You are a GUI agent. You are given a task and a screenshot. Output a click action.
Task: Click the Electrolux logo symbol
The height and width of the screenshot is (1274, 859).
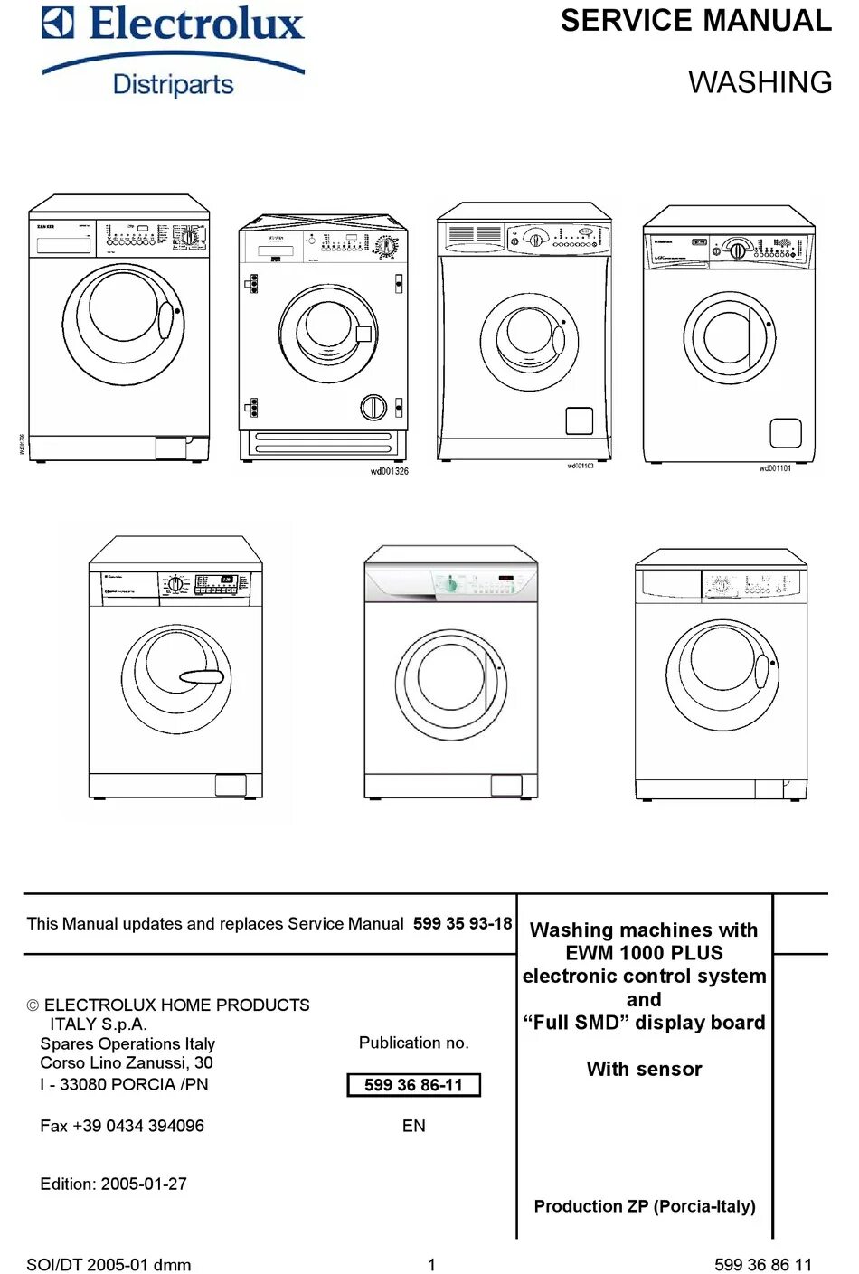click(x=58, y=24)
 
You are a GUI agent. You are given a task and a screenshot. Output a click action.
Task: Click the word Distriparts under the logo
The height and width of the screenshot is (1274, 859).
click(x=173, y=84)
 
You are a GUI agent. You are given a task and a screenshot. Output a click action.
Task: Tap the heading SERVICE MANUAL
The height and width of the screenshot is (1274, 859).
click(x=695, y=21)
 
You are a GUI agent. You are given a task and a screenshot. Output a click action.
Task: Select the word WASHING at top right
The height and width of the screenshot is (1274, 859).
click(x=760, y=82)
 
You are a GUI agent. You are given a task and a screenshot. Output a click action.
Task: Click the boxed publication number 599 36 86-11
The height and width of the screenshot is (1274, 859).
click(x=413, y=1084)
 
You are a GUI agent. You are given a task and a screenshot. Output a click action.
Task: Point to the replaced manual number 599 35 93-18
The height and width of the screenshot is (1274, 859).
click(x=462, y=923)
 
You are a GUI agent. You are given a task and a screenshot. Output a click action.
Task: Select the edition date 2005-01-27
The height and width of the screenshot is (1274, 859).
click(x=144, y=1184)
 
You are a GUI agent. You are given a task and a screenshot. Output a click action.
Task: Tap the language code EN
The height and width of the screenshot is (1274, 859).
click(x=413, y=1126)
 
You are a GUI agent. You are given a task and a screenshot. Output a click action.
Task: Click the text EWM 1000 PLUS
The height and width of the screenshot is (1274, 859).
click(x=644, y=953)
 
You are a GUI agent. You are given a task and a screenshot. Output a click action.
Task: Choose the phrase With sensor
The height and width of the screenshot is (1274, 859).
click(x=644, y=1069)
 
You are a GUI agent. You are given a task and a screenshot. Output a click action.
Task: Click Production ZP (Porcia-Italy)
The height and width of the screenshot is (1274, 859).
click(x=645, y=1206)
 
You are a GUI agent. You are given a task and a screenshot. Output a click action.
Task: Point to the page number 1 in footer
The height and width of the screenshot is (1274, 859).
click(x=431, y=1265)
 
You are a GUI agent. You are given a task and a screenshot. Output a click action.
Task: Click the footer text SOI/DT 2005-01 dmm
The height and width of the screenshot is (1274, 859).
click(x=109, y=1265)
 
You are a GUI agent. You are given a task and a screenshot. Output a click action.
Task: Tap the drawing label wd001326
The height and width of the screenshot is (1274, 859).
click(x=389, y=471)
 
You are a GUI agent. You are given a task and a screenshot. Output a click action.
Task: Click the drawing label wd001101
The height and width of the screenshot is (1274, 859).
click(x=775, y=468)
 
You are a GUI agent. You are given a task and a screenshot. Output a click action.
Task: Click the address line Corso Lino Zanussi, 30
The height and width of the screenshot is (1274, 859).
click(x=127, y=1062)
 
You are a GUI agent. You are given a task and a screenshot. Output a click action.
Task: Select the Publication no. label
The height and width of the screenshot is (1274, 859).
click(x=413, y=1043)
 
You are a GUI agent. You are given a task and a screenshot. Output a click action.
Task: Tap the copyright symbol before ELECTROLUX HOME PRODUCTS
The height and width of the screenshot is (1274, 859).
click(x=33, y=1005)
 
